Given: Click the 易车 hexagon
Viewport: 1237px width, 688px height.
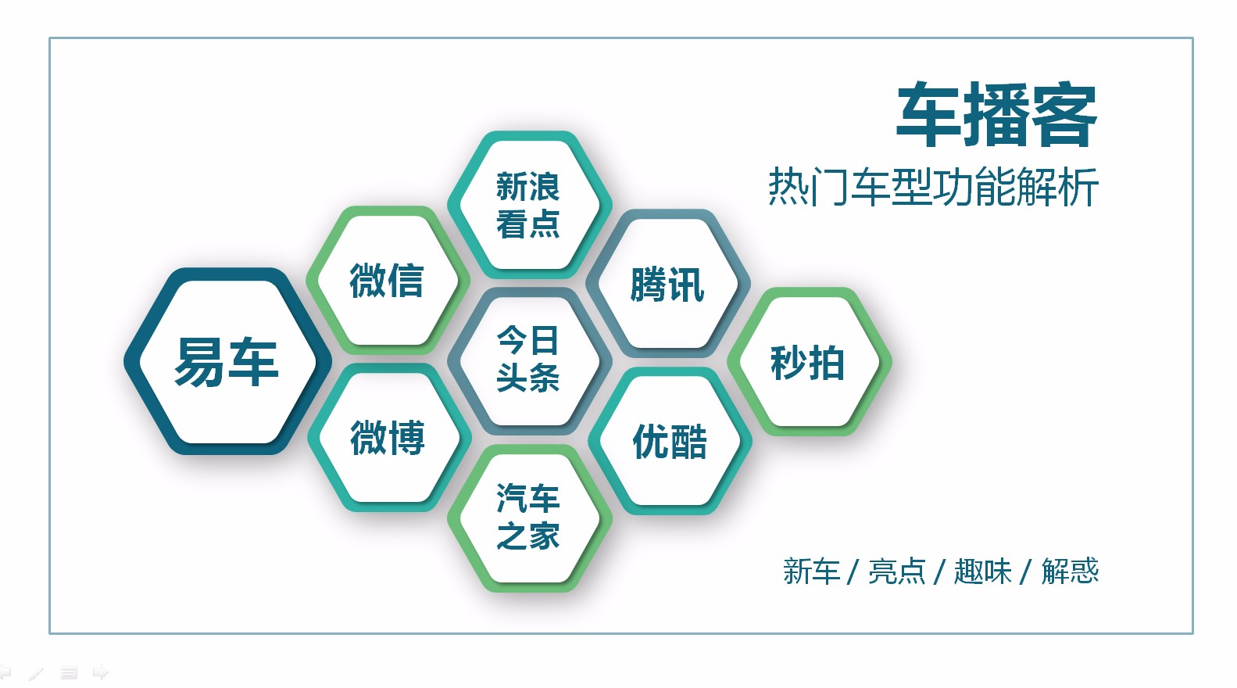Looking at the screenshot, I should click(227, 361).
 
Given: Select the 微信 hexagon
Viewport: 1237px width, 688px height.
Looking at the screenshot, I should click(387, 280).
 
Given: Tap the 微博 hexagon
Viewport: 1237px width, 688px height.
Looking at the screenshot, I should click(388, 437).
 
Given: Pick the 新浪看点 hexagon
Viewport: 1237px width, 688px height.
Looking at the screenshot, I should click(528, 205).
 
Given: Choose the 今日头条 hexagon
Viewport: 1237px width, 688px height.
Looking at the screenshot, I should click(528, 360).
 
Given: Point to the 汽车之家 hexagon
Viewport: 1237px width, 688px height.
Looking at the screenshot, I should click(528, 518).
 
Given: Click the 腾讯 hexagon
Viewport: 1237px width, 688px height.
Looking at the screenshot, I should click(668, 284).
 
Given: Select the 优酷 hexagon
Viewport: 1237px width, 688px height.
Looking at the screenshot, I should click(670, 441).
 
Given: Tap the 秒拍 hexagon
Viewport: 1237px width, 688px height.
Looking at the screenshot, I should click(808, 362).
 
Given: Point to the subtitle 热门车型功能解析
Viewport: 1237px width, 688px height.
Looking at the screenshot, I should click(933, 187).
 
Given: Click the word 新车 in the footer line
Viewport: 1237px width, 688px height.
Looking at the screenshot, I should click(811, 572).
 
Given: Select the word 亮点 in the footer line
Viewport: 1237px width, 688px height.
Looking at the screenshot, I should click(897, 572).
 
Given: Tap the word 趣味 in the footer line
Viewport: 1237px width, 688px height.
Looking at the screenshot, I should click(983, 572).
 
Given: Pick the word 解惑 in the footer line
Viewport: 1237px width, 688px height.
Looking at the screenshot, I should click(1070, 572).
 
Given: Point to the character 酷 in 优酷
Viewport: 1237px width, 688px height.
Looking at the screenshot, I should click(688, 442).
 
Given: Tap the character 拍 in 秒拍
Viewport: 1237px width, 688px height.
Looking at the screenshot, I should click(827, 363).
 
